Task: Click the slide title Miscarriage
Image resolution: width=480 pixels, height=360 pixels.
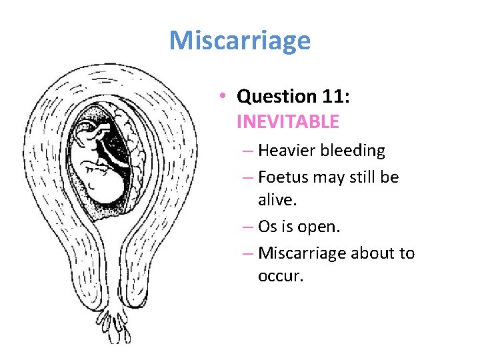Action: tap(239, 41)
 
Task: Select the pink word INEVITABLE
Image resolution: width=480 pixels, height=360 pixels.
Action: tap(287, 122)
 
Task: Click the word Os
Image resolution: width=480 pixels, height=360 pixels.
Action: tap(267, 227)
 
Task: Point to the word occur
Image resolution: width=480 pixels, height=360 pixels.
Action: tap(280, 276)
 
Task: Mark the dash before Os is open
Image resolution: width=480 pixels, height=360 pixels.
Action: tap(247, 227)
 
